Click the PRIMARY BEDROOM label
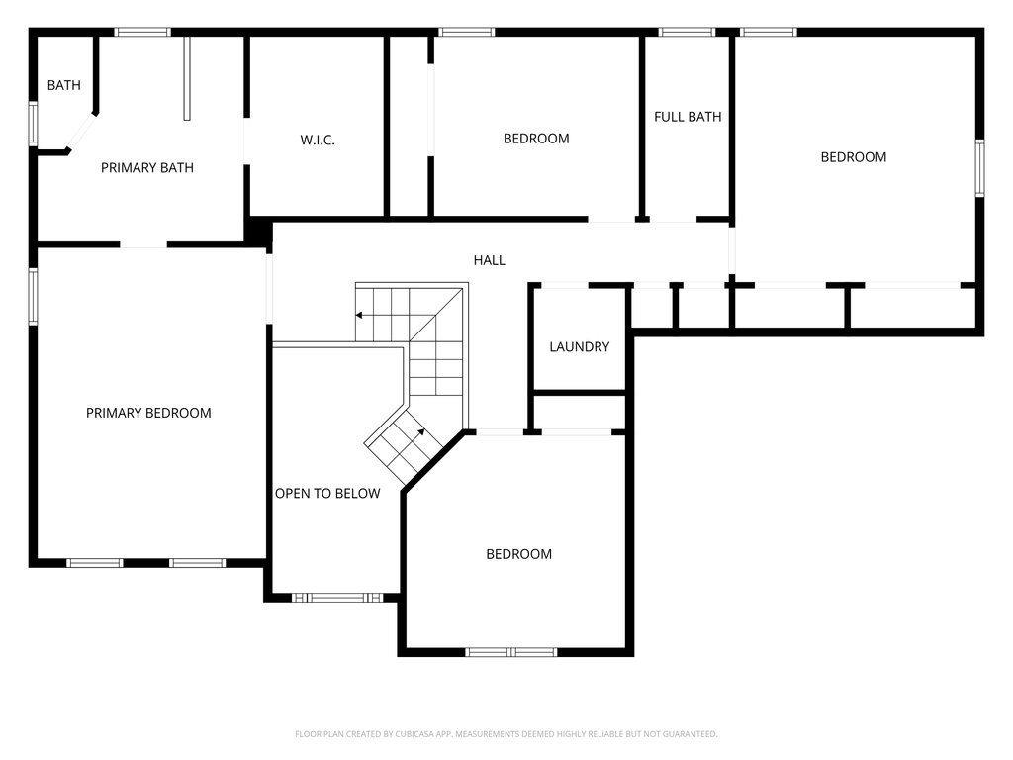pyautogui.click(x=148, y=413)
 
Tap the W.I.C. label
pyautogui.click(x=318, y=141)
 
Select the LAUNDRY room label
pyautogui.click(x=579, y=347)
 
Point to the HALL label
pyautogui.click(x=489, y=260)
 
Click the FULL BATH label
pyautogui.click(x=688, y=117)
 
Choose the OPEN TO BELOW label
pyautogui.click(x=327, y=493)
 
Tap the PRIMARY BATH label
pyautogui.click(x=147, y=168)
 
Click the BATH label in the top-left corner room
pyautogui.click(x=64, y=86)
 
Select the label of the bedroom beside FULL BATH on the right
pyautogui.click(x=853, y=157)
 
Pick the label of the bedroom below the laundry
pyautogui.click(x=518, y=554)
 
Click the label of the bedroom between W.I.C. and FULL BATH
pyautogui.click(x=536, y=139)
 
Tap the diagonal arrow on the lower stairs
pyautogui.click(x=418, y=432)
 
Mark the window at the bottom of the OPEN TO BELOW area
pyautogui.click(x=337, y=598)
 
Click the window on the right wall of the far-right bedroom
pyautogui.click(x=980, y=167)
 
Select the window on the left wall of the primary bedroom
pyautogui.click(x=33, y=296)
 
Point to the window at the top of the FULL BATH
pyautogui.click(x=687, y=32)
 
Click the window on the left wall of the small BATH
pyautogui.click(x=33, y=125)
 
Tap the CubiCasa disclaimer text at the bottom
pyautogui.click(x=506, y=734)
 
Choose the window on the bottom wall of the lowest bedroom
pyautogui.click(x=511, y=652)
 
